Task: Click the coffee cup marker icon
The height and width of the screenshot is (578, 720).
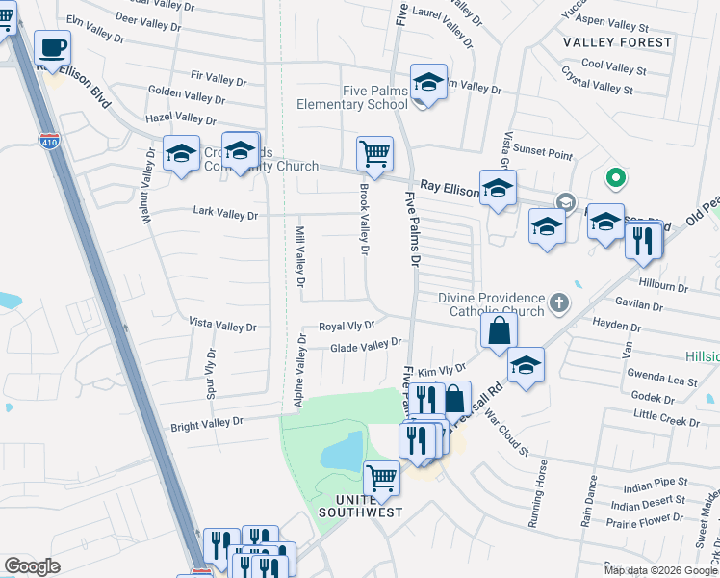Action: (x=53, y=46)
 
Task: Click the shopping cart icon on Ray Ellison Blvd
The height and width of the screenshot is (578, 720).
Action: (x=373, y=152)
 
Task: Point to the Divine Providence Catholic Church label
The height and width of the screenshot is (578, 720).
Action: (x=491, y=304)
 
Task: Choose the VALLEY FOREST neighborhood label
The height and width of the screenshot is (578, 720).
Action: (x=617, y=42)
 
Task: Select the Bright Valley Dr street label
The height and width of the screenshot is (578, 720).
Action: (x=207, y=424)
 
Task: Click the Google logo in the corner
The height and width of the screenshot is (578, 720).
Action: (x=32, y=566)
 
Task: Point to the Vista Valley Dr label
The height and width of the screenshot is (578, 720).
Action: (x=222, y=327)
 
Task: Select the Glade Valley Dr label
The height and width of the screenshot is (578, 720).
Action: (x=366, y=346)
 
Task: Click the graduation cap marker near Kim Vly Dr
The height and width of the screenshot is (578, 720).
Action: (x=526, y=365)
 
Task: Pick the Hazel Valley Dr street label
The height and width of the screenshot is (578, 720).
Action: (x=180, y=118)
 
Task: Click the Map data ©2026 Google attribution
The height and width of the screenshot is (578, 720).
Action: (x=660, y=570)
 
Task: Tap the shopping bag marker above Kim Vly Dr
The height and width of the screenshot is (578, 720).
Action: (x=500, y=331)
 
